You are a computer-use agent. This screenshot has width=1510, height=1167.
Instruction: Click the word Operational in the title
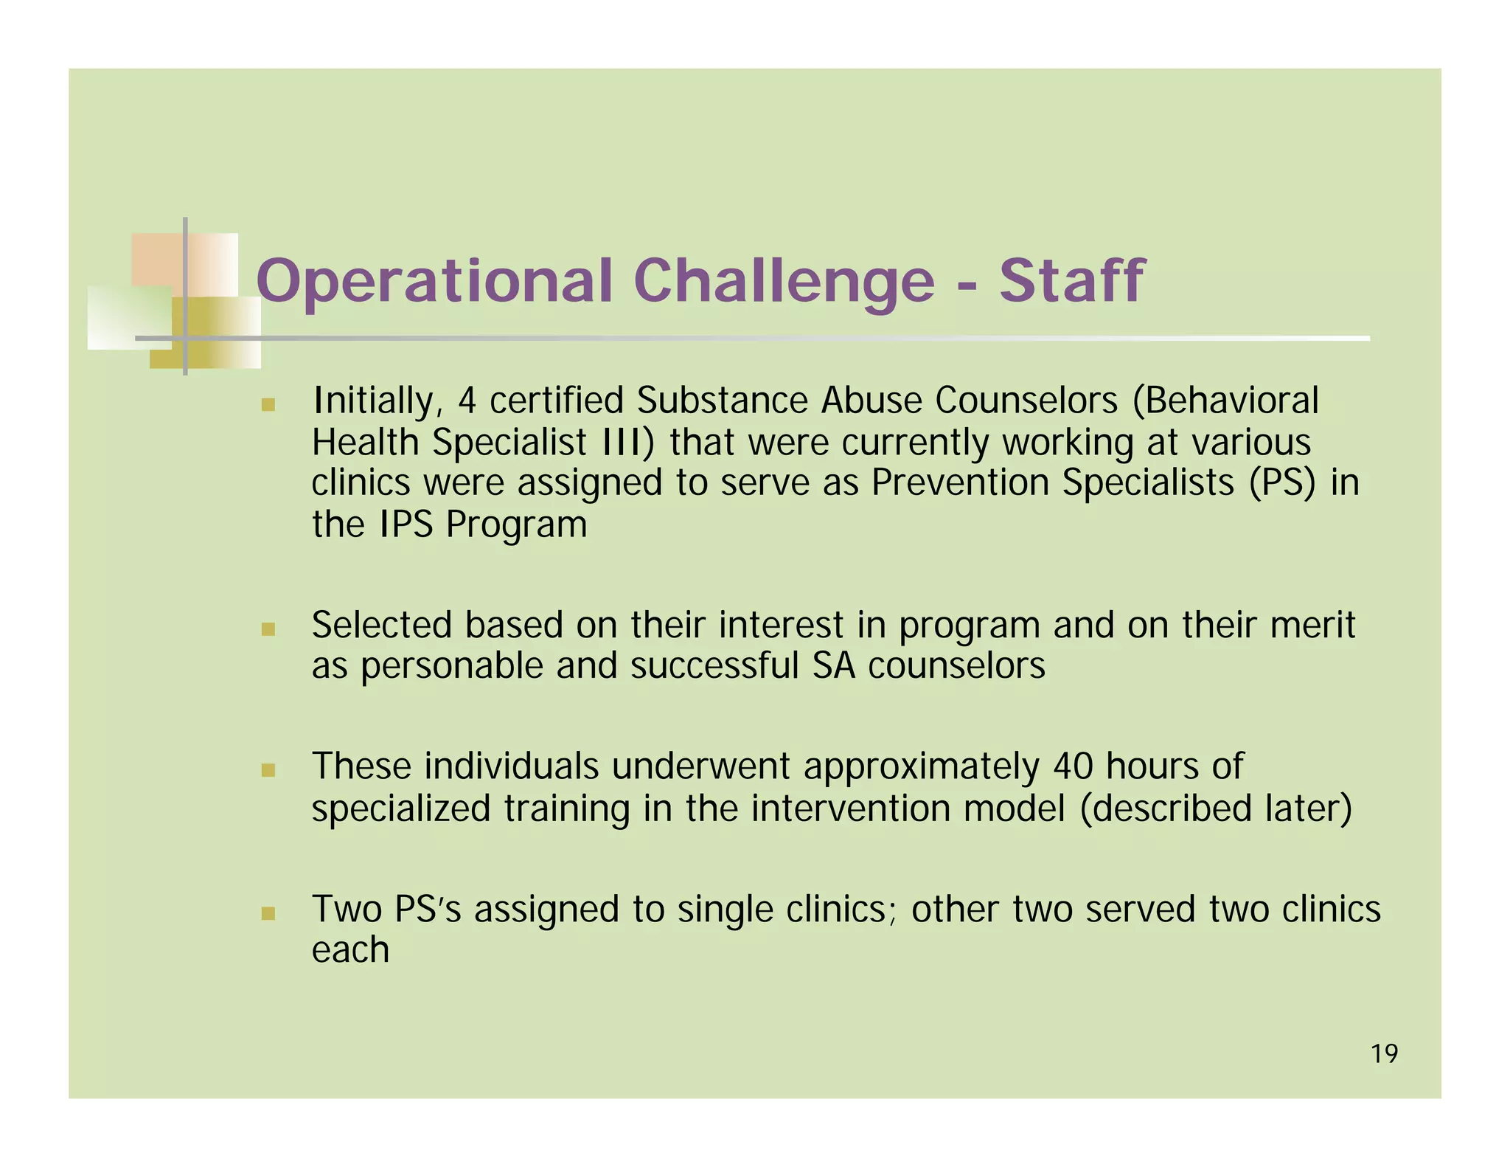click(434, 281)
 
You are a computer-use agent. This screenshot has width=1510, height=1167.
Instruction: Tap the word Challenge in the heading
click(784, 281)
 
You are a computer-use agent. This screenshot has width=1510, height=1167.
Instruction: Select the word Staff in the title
click(1071, 281)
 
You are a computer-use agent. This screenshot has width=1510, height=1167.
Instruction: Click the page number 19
click(1384, 1054)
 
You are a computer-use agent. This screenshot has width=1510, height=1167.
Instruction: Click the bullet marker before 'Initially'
click(268, 405)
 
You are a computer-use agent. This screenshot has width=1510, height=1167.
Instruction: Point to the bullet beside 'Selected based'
click(268, 629)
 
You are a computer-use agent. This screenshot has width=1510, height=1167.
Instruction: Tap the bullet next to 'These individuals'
click(268, 771)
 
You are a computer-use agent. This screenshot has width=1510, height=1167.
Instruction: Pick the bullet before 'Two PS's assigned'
click(268, 913)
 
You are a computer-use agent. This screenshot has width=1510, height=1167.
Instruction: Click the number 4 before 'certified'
click(467, 401)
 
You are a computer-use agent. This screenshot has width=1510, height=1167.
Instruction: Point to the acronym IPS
click(406, 524)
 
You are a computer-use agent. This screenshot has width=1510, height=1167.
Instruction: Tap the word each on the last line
click(350, 949)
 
